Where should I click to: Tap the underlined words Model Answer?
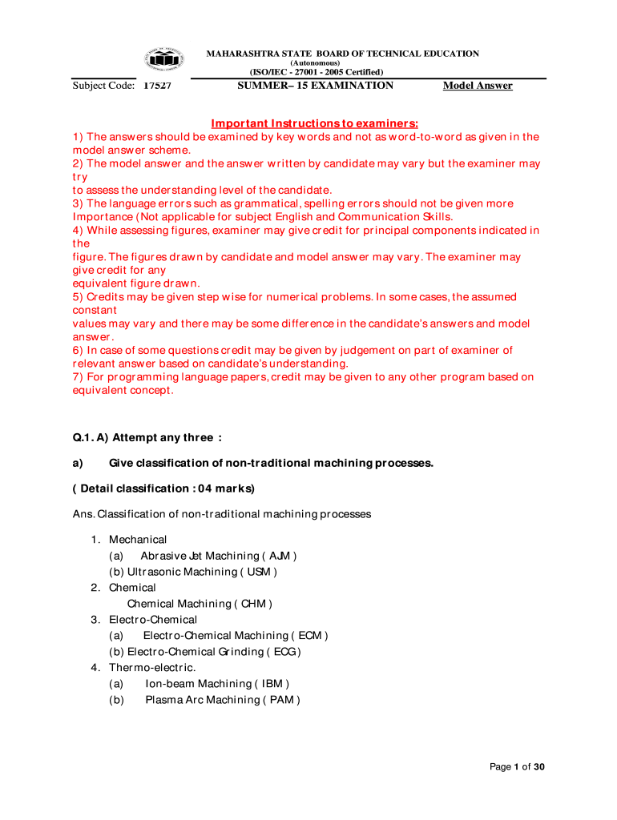(478, 86)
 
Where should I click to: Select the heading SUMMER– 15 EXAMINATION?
(316, 85)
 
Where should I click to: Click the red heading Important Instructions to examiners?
(314, 123)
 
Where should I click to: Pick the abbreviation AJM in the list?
(280, 556)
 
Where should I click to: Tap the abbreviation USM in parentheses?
(258, 572)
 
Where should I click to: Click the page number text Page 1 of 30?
(517, 767)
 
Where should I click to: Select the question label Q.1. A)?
(91, 437)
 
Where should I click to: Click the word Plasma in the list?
(163, 700)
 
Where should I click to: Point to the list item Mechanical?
(138, 540)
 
